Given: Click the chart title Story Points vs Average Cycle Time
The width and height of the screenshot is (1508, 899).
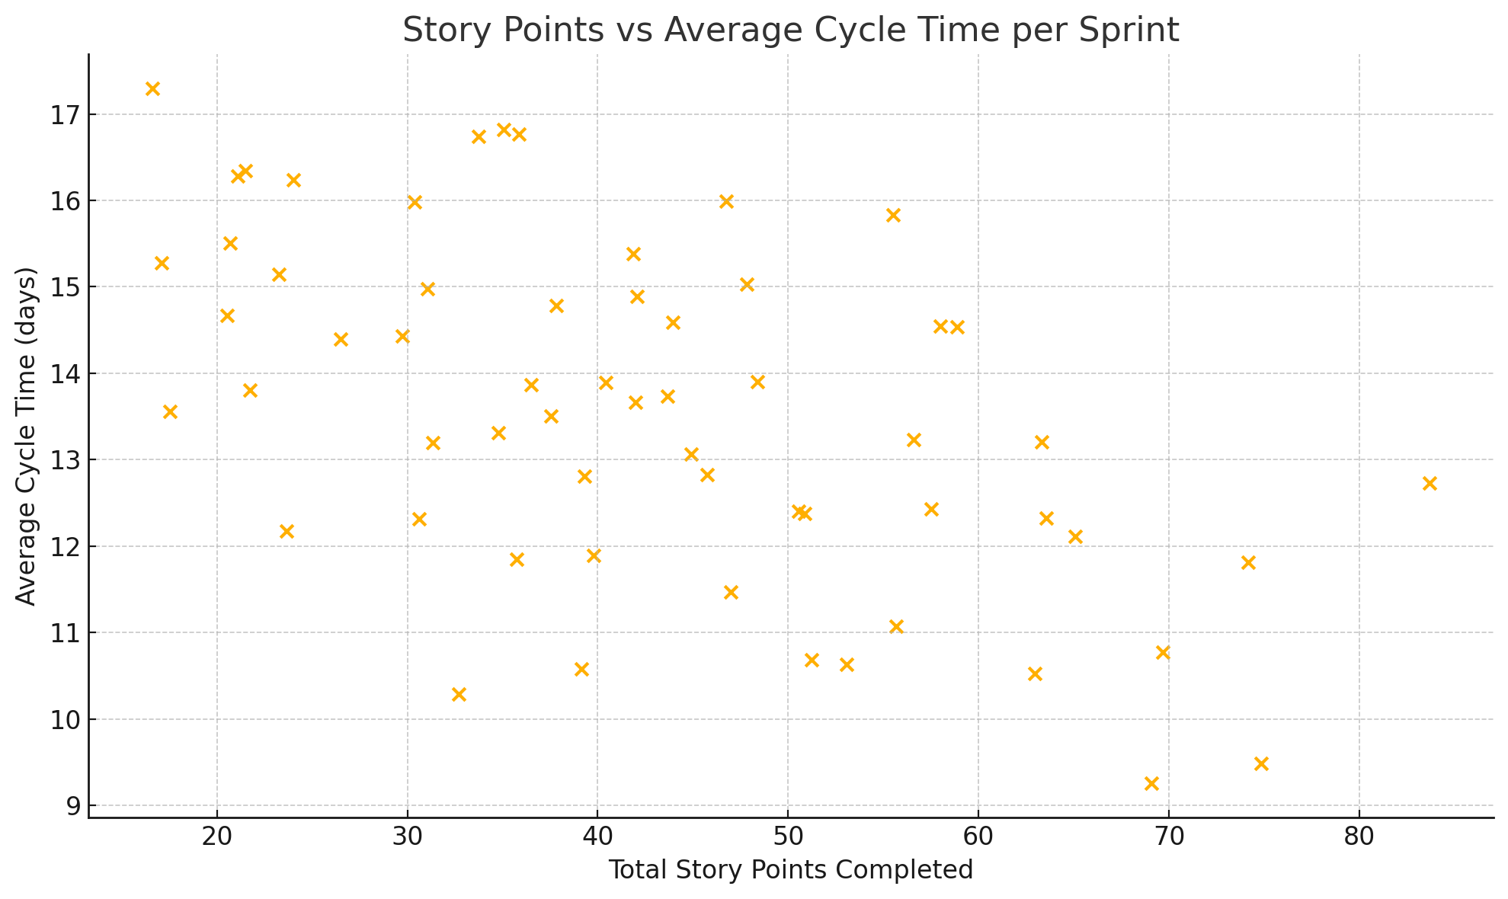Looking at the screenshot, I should coord(790,30).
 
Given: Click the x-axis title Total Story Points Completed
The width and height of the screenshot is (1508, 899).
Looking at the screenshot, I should coord(790,869).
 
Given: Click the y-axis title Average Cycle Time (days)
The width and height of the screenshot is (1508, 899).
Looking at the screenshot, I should coord(26,436).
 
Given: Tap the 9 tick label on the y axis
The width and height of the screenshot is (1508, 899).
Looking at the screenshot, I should coord(70,806).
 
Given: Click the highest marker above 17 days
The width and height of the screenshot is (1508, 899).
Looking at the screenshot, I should coord(152,89).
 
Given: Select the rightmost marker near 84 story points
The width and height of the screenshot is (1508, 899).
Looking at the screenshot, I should coord(1430,484).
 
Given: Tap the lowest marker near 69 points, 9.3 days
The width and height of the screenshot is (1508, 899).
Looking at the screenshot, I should coord(1151,784).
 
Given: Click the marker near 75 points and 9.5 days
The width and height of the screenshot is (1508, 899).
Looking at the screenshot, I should coord(1261,764).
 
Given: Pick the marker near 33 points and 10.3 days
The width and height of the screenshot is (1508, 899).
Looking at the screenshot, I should coord(459,695).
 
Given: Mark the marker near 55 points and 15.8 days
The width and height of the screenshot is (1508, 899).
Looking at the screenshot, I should coord(894,216).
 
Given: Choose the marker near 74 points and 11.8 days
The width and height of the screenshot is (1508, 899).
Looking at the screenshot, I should coord(1248,563).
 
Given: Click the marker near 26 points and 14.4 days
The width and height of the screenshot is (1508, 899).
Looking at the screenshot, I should coord(341,340).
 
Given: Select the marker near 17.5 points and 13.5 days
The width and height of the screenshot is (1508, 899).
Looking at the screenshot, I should coord(170,412).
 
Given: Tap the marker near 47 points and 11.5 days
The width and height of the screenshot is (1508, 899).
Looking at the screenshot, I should coord(731,593).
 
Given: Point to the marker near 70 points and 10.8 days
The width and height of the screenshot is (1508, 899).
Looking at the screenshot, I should coord(1163,653).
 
